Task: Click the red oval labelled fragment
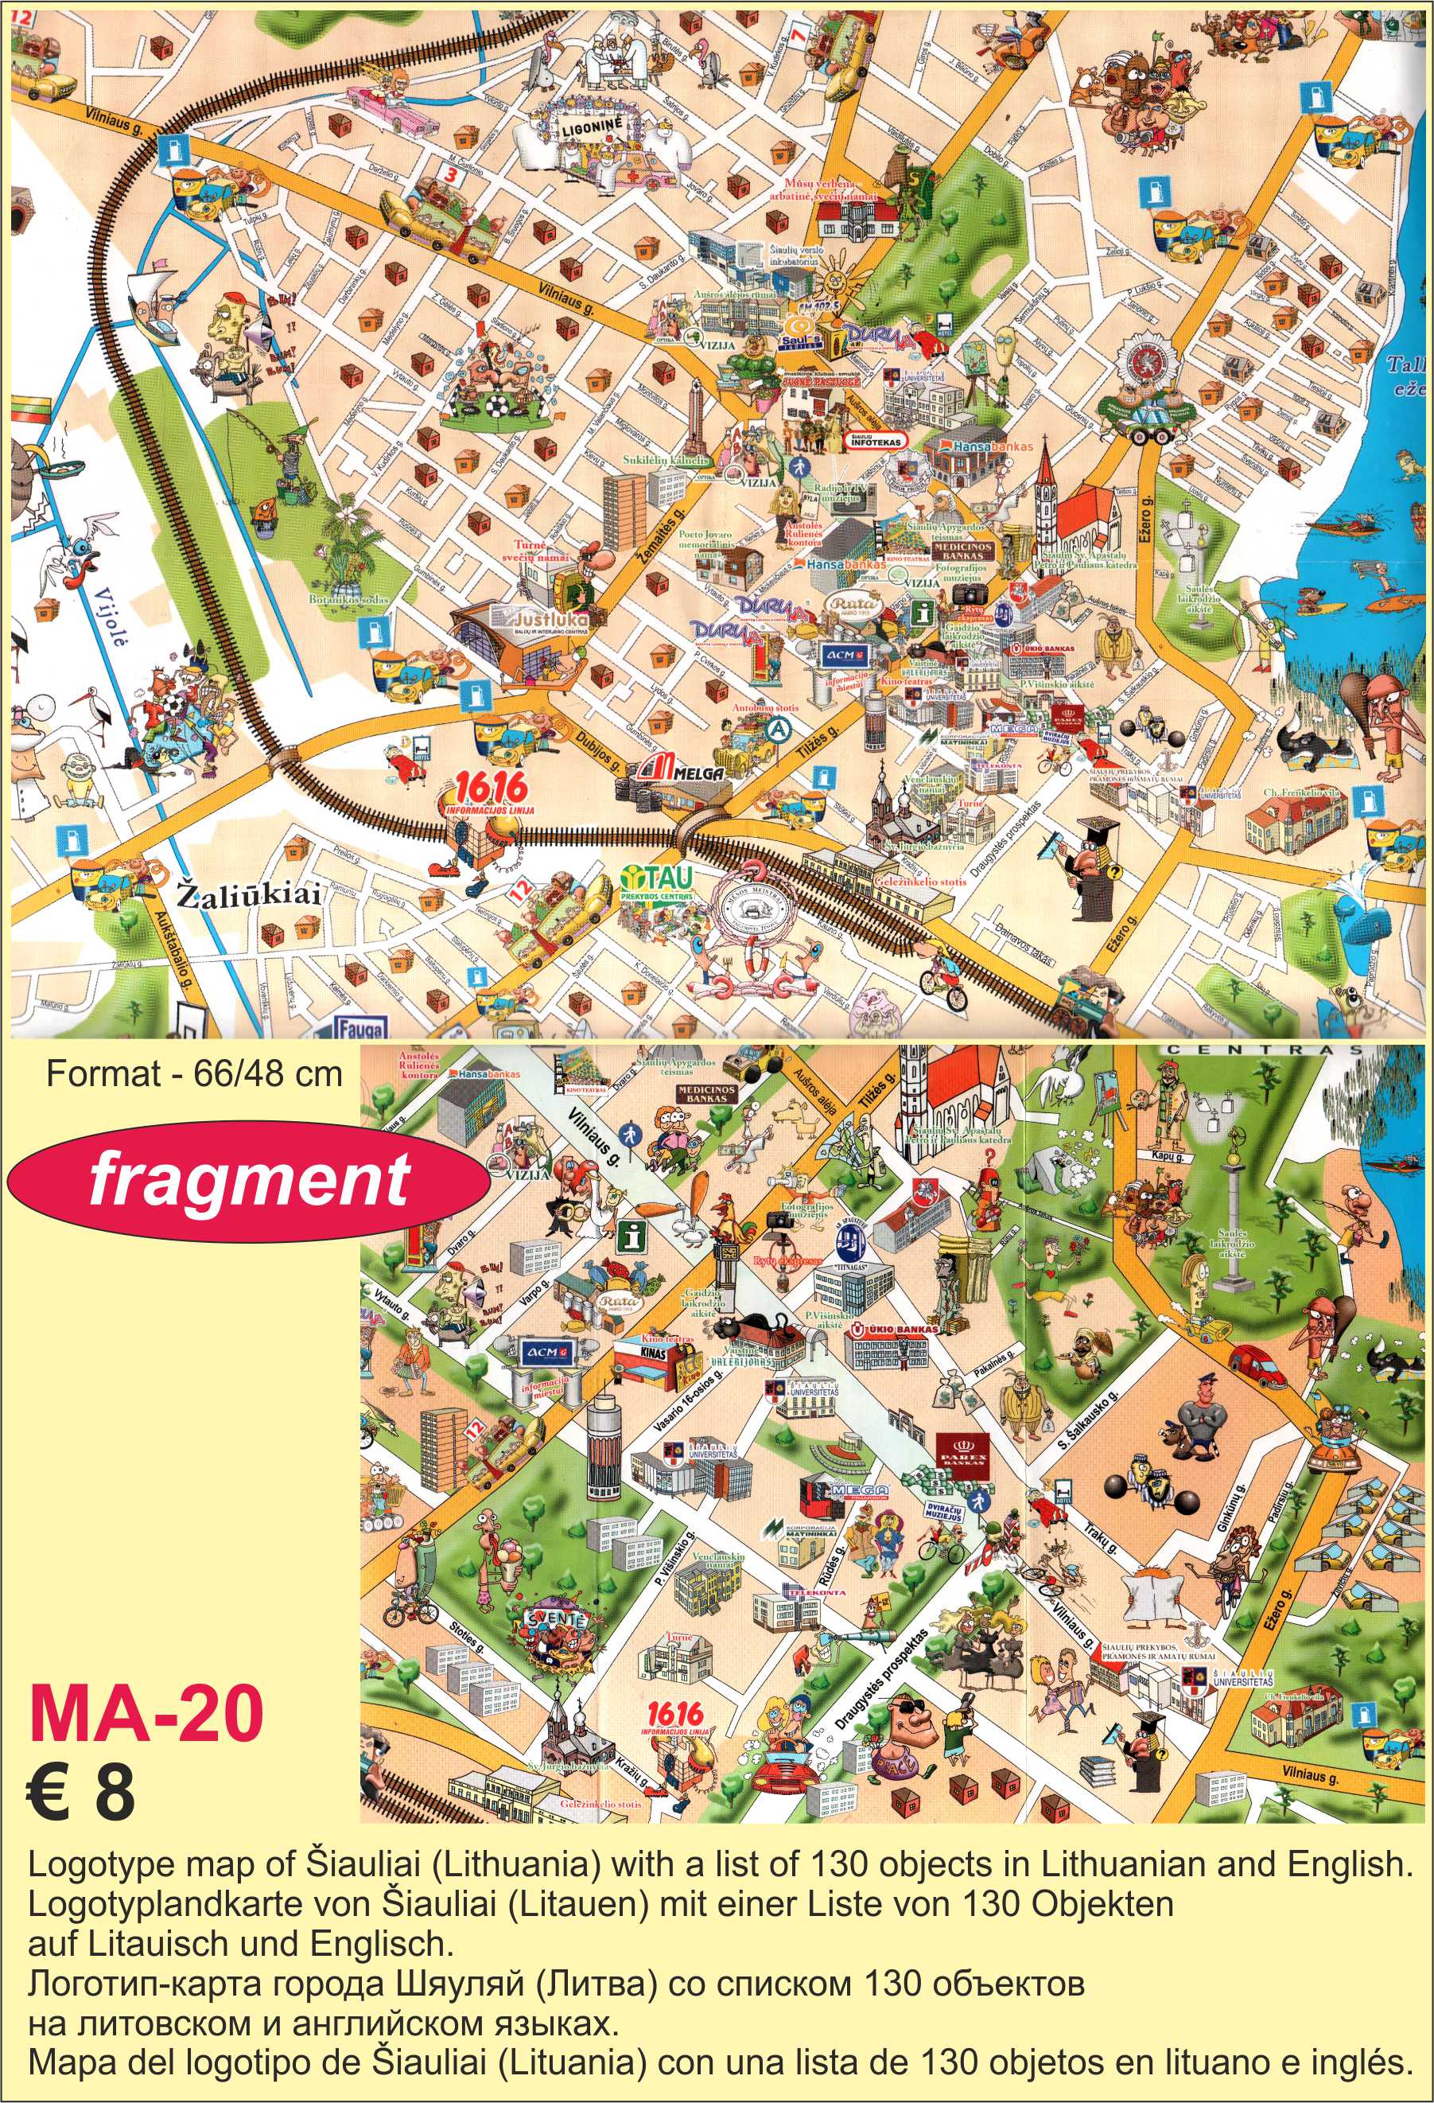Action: click(x=248, y=1181)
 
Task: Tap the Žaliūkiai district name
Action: click(x=248, y=895)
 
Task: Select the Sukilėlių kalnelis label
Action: click(x=666, y=460)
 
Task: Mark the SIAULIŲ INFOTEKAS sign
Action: click(x=876, y=440)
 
